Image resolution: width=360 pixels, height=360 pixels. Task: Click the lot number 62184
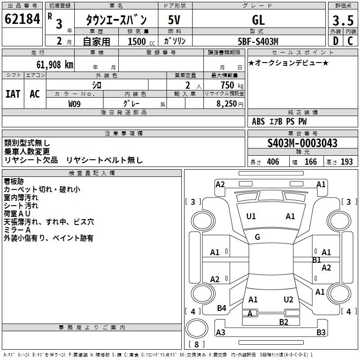click(22, 19)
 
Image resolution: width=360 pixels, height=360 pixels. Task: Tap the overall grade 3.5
click(343, 20)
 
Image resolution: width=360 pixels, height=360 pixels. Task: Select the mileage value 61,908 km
click(54, 65)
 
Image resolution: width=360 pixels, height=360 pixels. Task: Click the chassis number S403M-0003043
click(302, 143)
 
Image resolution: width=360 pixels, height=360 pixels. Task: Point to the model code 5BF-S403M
click(258, 41)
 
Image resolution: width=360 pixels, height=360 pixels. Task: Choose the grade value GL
click(258, 20)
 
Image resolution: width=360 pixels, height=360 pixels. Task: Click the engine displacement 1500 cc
click(141, 41)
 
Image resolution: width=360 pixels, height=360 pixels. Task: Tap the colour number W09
click(74, 104)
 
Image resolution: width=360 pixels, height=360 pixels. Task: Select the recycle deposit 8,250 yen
click(230, 104)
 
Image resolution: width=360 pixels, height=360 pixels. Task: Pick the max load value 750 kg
click(232, 85)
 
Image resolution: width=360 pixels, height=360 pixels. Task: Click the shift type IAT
click(13, 94)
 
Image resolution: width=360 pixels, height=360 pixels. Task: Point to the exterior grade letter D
click(336, 41)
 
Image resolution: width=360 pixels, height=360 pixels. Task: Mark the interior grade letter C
click(350, 41)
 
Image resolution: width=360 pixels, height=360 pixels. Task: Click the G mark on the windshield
click(257, 237)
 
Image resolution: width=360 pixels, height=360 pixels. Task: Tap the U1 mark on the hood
click(251, 216)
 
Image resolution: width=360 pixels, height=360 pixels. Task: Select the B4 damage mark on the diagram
click(221, 308)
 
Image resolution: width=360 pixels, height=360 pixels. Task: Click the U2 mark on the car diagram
click(288, 299)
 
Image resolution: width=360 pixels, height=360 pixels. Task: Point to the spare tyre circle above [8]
click(197, 328)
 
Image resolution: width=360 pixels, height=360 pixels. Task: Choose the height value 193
click(346, 162)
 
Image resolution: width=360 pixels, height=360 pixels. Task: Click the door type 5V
click(174, 20)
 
